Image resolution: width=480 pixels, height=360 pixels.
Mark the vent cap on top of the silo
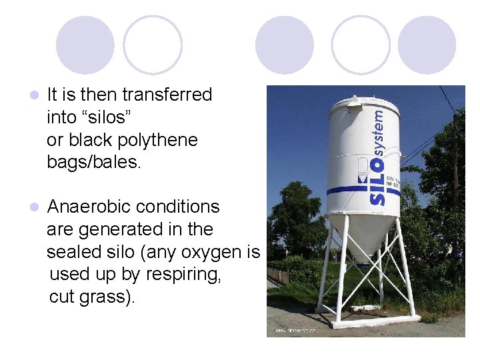point(353,99)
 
